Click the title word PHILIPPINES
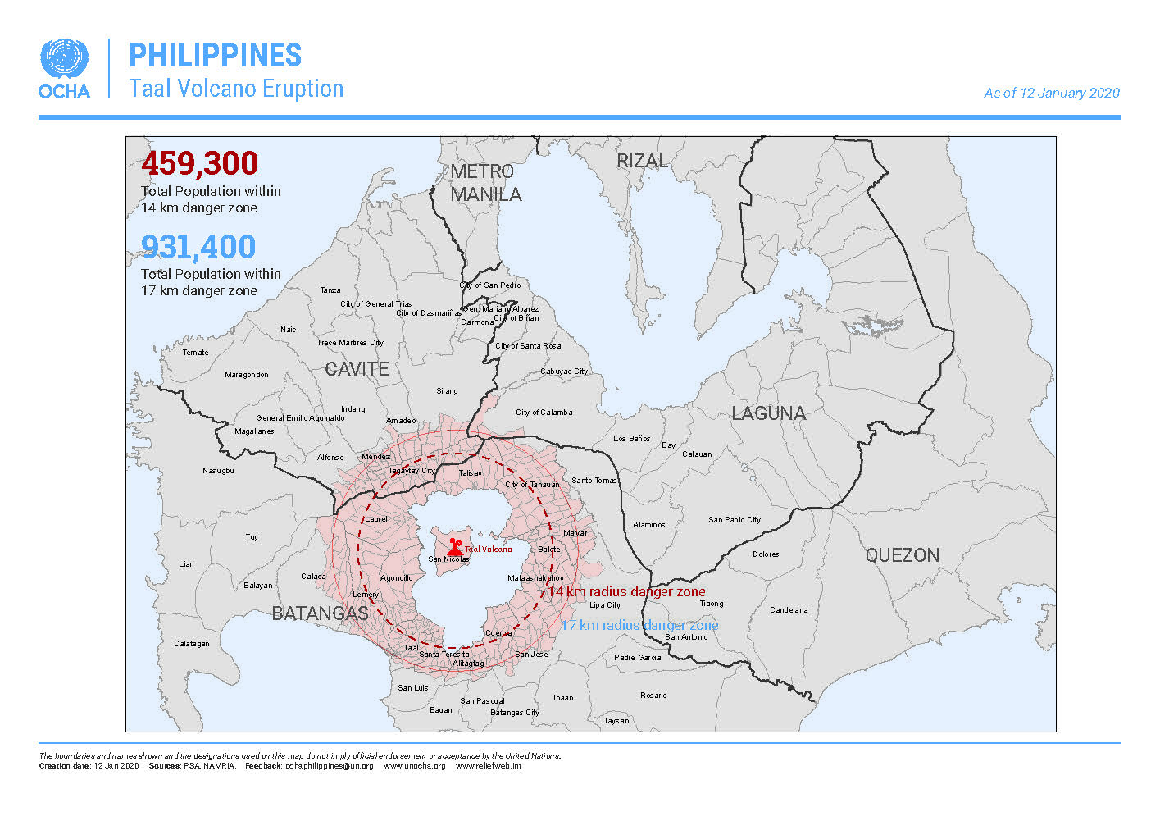point(216,56)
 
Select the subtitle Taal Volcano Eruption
point(236,89)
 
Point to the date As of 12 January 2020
point(1051,94)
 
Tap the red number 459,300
point(199,163)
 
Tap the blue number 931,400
point(198,247)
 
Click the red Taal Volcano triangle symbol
point(454,547)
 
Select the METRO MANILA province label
point(485,183)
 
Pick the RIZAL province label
point(642,161)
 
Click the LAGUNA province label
point(768,413)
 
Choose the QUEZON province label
point(902,555)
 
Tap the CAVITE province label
point(357,369)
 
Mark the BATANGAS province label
point(320,613)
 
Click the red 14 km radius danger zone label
point(626,591)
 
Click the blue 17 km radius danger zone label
point(639,625)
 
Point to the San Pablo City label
point(735,520)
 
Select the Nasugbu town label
point(218,471)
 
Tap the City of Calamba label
point(544,413)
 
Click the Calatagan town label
point(191,644)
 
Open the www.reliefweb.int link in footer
point(488,766)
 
